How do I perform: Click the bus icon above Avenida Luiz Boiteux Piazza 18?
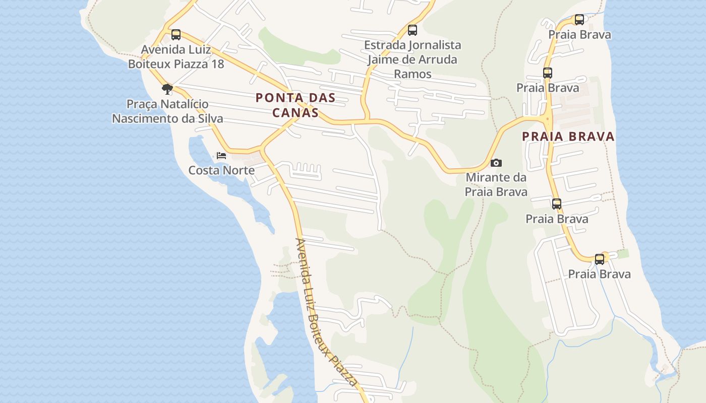click(x=175, y=35)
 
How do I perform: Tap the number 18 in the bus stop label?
click(x=218, y=64)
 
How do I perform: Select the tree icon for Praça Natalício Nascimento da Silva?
click(x=167, y=90)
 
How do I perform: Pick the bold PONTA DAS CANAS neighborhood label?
click(x=296, y=105)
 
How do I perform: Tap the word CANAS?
click(x=296, y=112)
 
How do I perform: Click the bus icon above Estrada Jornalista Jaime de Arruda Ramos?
click(x=413, y=30)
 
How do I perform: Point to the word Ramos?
click(x=413, y=74)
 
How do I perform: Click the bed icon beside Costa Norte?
click(x=221, y=156)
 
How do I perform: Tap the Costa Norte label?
click(x=221, y=170)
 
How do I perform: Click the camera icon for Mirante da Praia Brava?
click(x=496, y=163)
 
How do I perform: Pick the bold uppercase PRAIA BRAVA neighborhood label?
click(x=568, y=137)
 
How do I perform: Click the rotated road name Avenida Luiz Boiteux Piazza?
click(x=327, y=312)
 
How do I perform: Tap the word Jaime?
click(x=381, y=59)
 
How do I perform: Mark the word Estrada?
click(x=384, y=45)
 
